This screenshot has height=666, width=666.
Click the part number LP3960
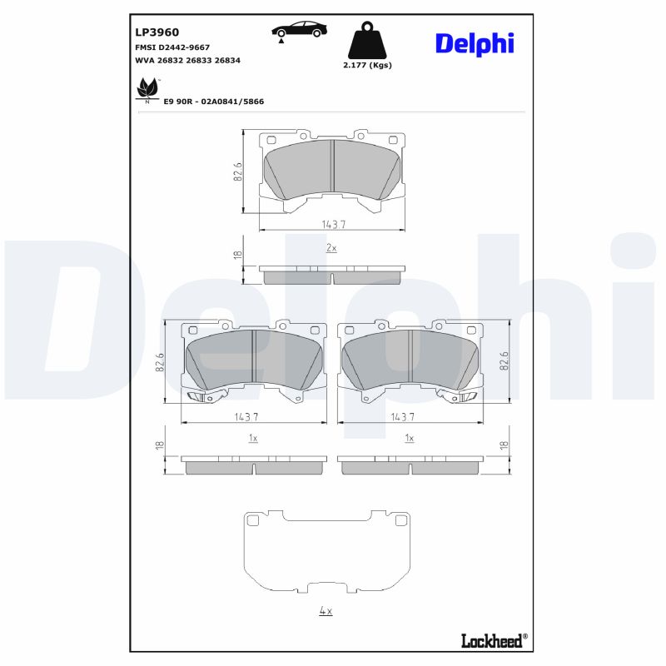click(157, 32)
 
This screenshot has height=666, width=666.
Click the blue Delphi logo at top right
click(474, 43)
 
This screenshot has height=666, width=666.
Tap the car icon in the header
click(299, 30)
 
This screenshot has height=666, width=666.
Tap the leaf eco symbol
click(147, 89)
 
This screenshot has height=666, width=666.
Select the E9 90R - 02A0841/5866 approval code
click(213, 101)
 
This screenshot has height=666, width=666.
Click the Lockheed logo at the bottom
click(494, 639)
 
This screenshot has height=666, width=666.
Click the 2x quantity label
click(331, 248)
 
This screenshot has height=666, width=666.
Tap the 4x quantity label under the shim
click(326, 611)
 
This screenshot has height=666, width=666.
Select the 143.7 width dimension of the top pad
click(332, 225)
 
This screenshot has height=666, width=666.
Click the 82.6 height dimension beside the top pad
click(237, 171)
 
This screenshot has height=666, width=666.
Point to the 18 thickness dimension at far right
click(503, 446)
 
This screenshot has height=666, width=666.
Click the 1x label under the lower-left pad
click(253, 437)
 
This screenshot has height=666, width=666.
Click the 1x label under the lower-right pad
click(409, 437)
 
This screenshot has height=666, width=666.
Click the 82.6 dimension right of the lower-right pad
click(503, 363)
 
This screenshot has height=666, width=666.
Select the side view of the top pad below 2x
click(332, 274)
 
